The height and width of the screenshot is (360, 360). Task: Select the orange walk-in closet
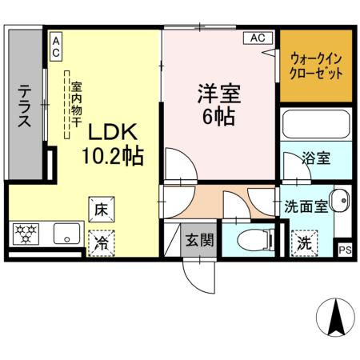[x=316, y=66]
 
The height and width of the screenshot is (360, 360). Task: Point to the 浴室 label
[x=316, y=158]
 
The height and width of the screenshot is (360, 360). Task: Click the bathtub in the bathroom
[x=316, y=124]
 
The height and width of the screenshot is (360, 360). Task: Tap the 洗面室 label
[x=306, y=206]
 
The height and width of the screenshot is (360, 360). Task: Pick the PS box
[x=345, y=250]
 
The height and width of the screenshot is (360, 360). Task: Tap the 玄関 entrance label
[x=199, y=239]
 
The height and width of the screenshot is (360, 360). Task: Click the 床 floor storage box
[x=102, y=210]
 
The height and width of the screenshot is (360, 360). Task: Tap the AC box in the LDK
[x=56, y=46]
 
